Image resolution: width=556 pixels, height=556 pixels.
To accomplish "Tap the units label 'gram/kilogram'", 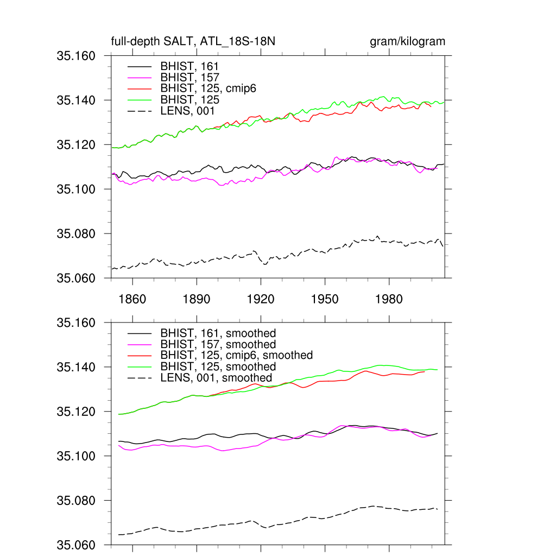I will pyautogui.click(x=407, y=42).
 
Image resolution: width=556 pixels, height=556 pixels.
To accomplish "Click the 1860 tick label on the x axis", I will pyautogui.click(x=132, y=299).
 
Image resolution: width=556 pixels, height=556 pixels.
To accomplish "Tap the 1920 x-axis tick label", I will pyautogui.click(x=261, y=299).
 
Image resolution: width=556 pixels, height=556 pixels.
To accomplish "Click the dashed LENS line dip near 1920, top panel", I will pyautogui.click(x=264, y=264).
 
